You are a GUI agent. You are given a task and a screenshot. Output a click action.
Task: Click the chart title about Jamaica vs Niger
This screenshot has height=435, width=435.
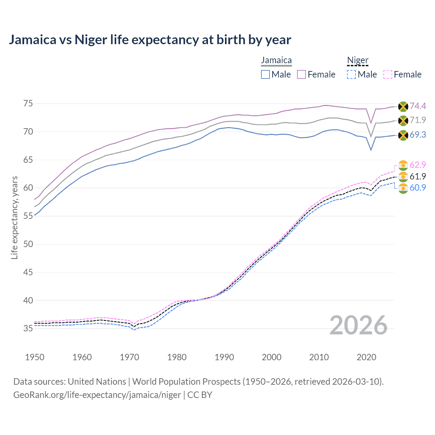pos(150,40)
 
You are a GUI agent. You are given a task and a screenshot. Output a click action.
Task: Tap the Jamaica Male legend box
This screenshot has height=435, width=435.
pos(265,74)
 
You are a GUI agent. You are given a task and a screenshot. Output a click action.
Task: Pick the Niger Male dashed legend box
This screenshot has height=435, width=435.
pos(351,74)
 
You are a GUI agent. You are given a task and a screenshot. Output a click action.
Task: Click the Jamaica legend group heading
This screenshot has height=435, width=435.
pos(276,60)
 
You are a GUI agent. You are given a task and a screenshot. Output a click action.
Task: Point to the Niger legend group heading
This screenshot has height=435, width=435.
pos(358,60)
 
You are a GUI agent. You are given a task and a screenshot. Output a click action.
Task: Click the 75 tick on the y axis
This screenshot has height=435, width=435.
pos(28,103)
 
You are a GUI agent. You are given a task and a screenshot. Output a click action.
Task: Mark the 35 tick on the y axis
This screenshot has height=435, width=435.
pos(28,328)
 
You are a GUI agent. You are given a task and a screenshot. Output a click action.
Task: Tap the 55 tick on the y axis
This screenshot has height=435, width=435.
pos(28,216)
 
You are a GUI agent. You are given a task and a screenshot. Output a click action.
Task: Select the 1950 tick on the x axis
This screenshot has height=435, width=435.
pos(35,357)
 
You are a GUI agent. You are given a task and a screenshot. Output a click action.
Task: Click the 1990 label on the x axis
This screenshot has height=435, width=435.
pos(224,357)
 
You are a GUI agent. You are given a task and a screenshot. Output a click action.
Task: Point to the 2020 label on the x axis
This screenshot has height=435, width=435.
pos(366,357)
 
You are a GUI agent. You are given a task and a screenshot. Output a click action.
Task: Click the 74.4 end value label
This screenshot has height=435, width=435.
pos(418,106)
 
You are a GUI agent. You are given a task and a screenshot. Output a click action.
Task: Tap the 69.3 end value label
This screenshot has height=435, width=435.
pos(418,135)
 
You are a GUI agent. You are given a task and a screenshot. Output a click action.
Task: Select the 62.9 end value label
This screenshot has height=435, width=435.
pos(418,165)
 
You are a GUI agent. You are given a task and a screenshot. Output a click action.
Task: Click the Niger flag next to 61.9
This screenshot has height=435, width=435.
pos(403,176)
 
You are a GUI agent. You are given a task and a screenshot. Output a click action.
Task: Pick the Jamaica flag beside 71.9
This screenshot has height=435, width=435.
pos(403,120)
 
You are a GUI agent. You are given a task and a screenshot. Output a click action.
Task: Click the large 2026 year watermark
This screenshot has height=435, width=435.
pos(359,325)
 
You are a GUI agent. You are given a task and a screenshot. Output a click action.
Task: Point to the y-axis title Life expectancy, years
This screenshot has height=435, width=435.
pos(15,217)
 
